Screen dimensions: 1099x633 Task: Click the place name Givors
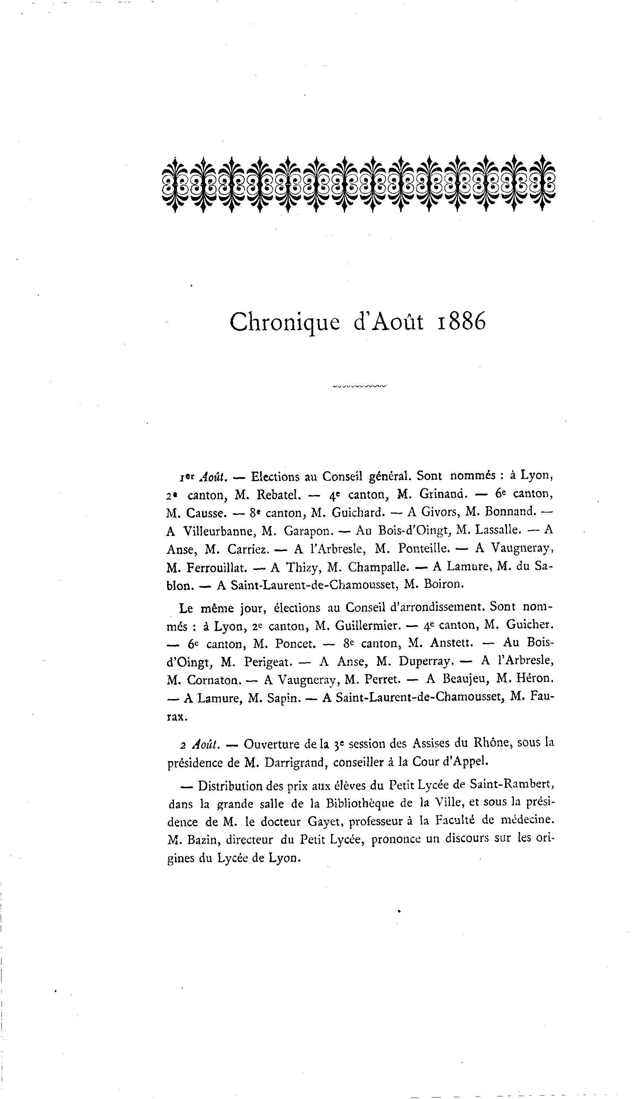coord(439,512)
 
